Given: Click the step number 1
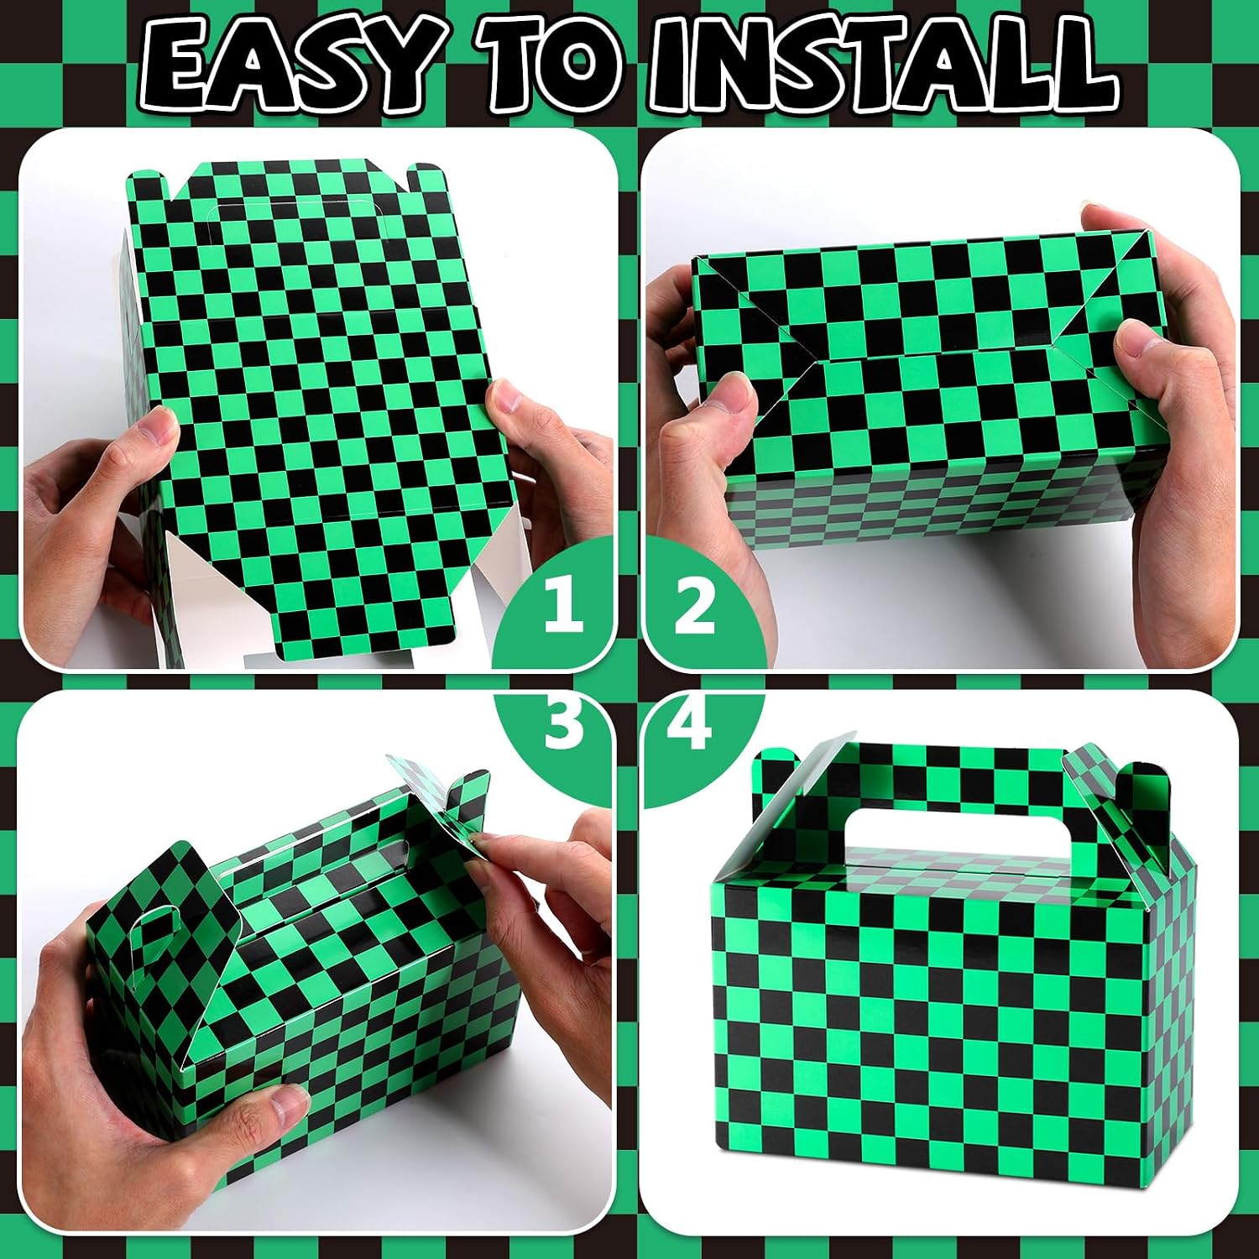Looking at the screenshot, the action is pos(564,606).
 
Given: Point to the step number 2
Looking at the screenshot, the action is pos(694,606).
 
